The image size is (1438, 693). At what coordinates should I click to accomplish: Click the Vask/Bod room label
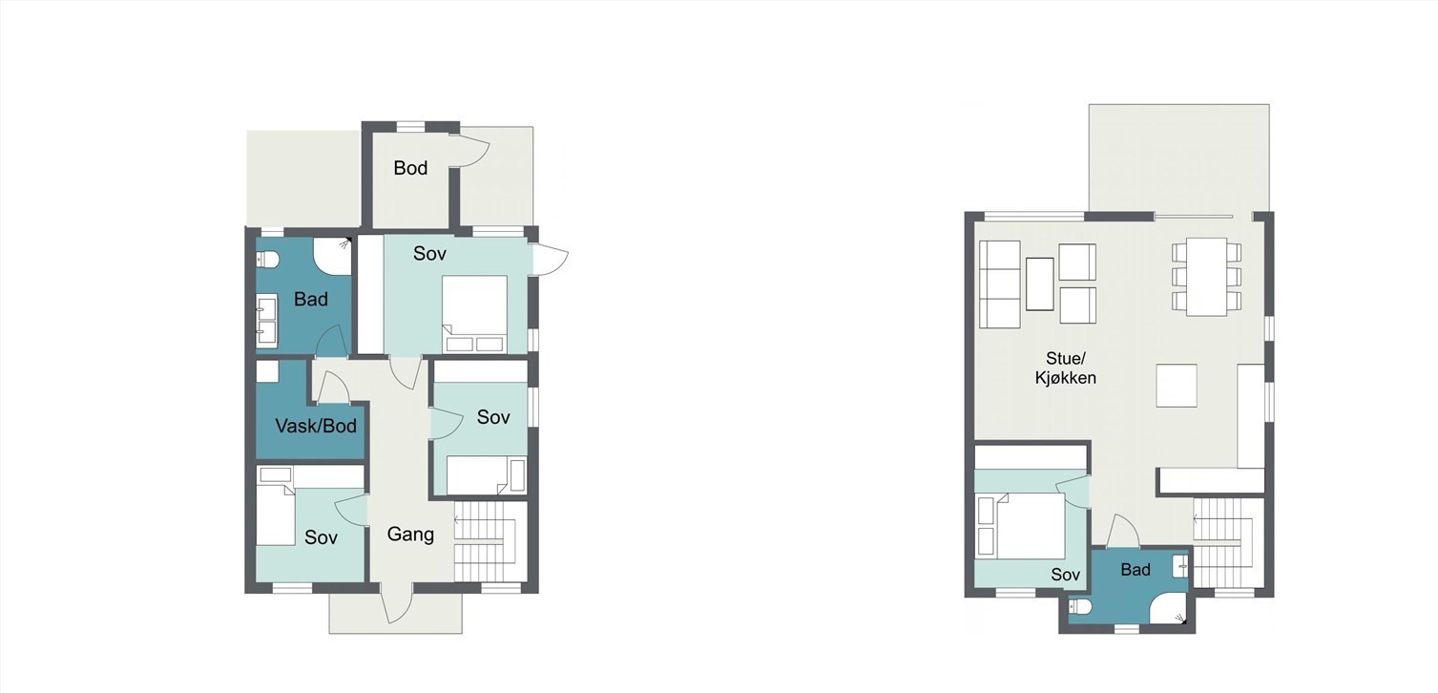coord(316,426)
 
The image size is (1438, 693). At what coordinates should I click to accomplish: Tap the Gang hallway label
coord(410,535)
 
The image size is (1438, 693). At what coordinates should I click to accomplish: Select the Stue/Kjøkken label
coord(1065,368)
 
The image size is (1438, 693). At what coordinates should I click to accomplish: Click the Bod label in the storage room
coord(410,168)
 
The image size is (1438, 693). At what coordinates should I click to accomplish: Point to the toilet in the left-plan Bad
coord(267,260)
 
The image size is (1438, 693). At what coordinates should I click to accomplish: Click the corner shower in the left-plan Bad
coord(334,256)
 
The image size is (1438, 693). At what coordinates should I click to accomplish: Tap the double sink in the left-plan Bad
coord(267,320)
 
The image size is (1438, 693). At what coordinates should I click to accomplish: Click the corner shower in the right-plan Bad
coord(1168,605)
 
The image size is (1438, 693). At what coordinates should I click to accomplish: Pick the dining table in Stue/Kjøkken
coord(1206,276)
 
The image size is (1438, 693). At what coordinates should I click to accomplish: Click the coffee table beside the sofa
coord(1039,283)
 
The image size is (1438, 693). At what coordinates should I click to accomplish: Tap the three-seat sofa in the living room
coord(999,284)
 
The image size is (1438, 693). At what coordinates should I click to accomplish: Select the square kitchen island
coord(1177,386)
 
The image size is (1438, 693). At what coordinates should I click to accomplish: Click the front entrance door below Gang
coord(396,602)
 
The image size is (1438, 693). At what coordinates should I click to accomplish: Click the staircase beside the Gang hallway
coord(490,542)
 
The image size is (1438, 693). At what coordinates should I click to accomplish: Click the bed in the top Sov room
coord(474,313)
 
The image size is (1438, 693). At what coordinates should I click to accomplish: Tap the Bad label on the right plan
coord(1135,570)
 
